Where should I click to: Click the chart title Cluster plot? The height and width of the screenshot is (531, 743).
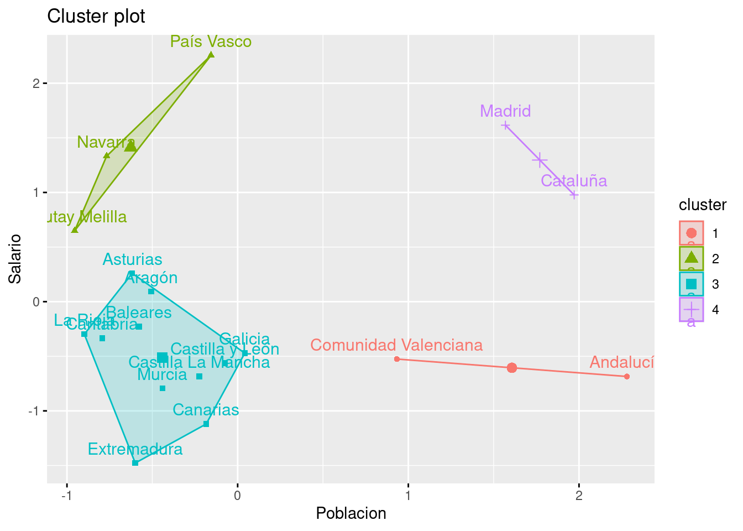[x=96, y=17]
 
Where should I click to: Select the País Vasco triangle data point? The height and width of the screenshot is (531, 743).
[x=211, y=55]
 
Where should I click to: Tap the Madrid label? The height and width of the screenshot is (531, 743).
[x=505, y=111]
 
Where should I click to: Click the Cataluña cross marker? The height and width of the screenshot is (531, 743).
[x=574, y=195]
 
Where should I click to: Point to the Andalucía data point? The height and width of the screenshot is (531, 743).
[x=626, y=377]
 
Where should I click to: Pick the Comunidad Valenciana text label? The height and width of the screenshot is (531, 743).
[x=396, y=345]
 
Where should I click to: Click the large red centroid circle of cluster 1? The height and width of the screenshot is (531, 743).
[x=512, y=368]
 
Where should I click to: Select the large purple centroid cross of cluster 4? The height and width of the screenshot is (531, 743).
[x=540, y=160]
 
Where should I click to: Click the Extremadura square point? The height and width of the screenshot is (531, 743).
[x=135, y=462]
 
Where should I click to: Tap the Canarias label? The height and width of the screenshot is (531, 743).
[x=206, y=410]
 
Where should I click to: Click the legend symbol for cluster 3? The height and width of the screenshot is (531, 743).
[x=691, y=284]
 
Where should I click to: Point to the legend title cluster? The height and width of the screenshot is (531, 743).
[x=703, y=205]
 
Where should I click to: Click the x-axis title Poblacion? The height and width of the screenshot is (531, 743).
[x=351, y=513]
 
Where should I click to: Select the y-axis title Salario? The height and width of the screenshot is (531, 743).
[x=15, y=259]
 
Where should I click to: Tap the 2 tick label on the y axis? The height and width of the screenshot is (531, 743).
[x=36, y=84]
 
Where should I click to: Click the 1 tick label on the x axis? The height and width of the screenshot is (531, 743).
[x=408, y=496]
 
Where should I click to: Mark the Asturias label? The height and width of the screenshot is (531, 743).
[x=133, y=259]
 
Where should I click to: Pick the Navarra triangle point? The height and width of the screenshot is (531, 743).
[x=107, y=155]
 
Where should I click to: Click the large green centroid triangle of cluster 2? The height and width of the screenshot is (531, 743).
[x=130, y=146]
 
